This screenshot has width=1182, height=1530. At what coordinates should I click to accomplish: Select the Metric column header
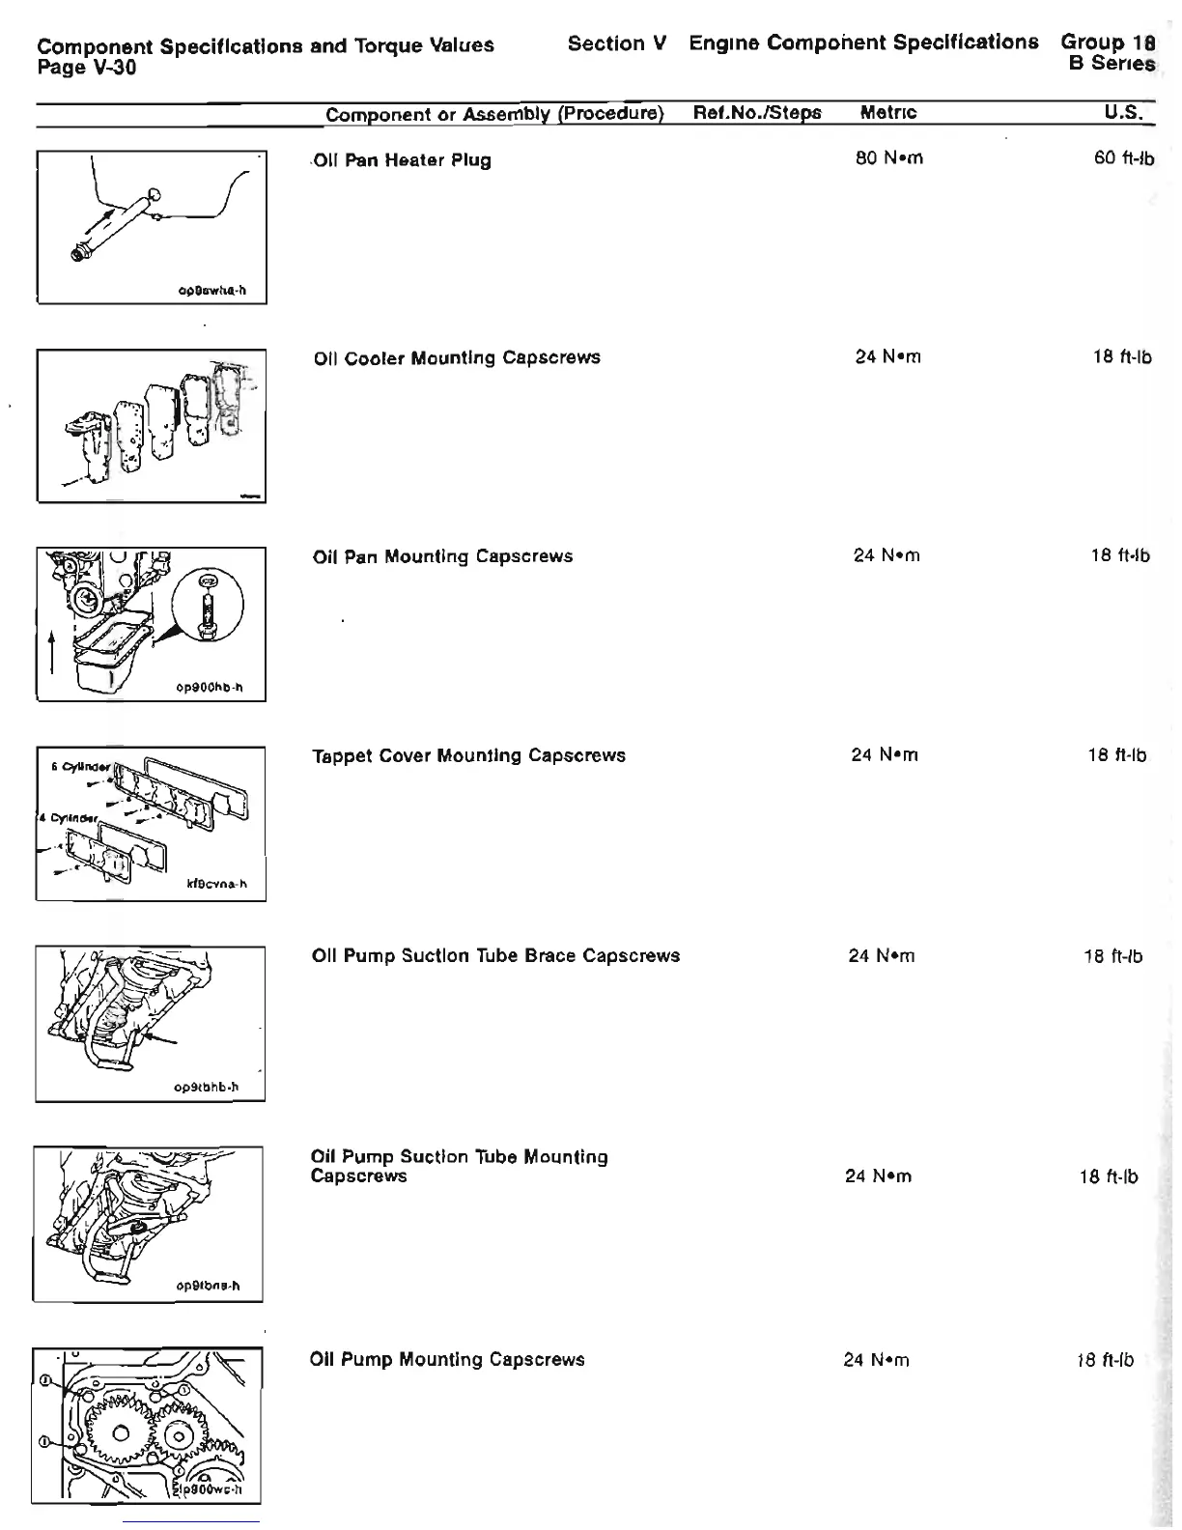click(887, 113)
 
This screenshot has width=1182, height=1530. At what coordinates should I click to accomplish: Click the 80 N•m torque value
click(888, 157)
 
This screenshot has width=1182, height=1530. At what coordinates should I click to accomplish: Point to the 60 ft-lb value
click(1123, 157)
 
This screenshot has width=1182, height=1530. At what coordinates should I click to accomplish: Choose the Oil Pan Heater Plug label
click(402, 160)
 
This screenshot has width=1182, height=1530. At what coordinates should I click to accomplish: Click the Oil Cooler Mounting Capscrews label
click(457, 358)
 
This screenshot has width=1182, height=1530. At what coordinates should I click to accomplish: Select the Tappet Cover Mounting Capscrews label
click(468, 755)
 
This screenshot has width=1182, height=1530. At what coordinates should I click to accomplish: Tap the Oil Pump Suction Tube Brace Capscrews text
click(495, 955)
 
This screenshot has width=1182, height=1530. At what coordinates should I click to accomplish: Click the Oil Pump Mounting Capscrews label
click(447, 1359)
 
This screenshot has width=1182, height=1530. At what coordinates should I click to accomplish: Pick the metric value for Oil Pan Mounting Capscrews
click(886, 555)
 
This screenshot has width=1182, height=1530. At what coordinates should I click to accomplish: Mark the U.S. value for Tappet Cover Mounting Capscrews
click(1116, 755)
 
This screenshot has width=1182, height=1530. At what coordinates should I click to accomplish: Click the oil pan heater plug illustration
click(152, 227)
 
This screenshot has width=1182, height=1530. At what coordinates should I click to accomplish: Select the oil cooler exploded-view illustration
click(152, 425)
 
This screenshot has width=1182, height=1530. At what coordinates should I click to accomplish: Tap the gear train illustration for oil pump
click(147, 1426)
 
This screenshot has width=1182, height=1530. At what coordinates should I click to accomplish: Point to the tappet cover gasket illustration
click(151, 823)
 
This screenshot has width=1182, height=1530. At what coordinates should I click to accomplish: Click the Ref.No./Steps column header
click(757, 113)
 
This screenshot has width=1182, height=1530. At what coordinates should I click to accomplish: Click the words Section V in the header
click(617, 43)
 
